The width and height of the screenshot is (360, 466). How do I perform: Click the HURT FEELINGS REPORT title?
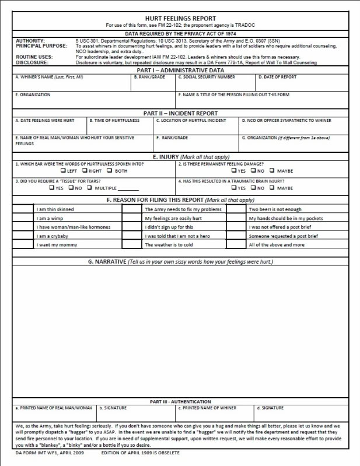pos(180,19)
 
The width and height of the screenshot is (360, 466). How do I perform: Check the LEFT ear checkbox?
pos(63,171)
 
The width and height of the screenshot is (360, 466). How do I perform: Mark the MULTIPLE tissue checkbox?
pos(91,188)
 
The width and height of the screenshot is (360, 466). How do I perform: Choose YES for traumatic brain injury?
pos(234,188)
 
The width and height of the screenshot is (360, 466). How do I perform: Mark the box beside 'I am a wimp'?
pos(23,218)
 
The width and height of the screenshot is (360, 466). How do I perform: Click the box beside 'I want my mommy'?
pos(23,244)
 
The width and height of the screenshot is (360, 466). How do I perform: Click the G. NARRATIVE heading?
pos(180,262)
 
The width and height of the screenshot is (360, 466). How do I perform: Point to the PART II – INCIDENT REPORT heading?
pos(180,113)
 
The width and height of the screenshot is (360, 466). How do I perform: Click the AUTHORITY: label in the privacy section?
pos(30,40)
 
